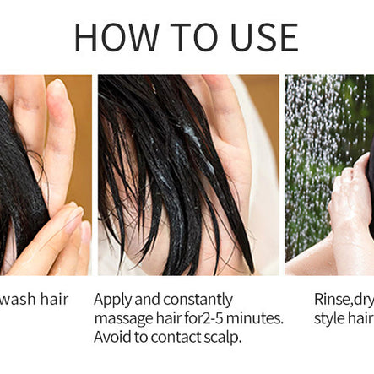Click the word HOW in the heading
tap(115, 37)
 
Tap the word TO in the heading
tap(188, 37)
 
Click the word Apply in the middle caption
tap(114, 300)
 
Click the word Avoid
tap(113, 337)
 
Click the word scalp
tap(223, 338)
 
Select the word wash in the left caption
tap(19, 299)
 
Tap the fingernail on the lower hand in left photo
tap(74, 219)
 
